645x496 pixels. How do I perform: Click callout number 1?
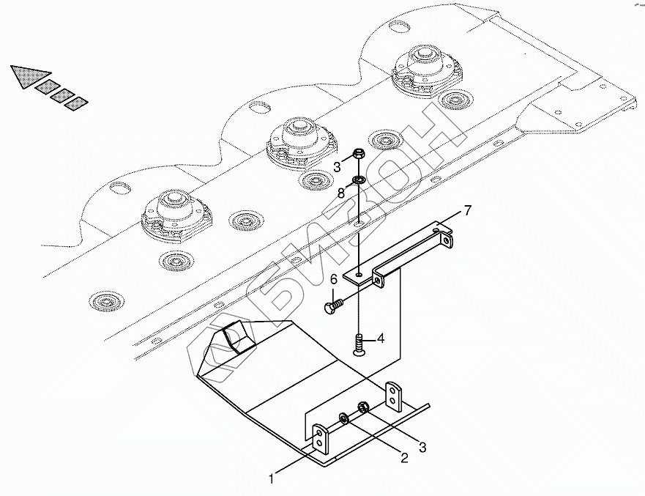[x=272, y=480]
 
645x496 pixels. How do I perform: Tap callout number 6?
[x=333, y=279]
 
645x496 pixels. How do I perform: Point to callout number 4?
[x=381, y=339]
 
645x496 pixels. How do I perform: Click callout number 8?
[x=341, y=194]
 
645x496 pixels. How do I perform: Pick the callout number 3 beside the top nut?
[x=338, y=167]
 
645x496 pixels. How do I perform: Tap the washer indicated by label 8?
[x=359, y=180]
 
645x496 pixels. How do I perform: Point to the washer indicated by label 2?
[x=343, y=420]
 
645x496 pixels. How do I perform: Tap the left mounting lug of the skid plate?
[x=321, y=439]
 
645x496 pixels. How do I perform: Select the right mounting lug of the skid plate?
[x=394, y=395]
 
